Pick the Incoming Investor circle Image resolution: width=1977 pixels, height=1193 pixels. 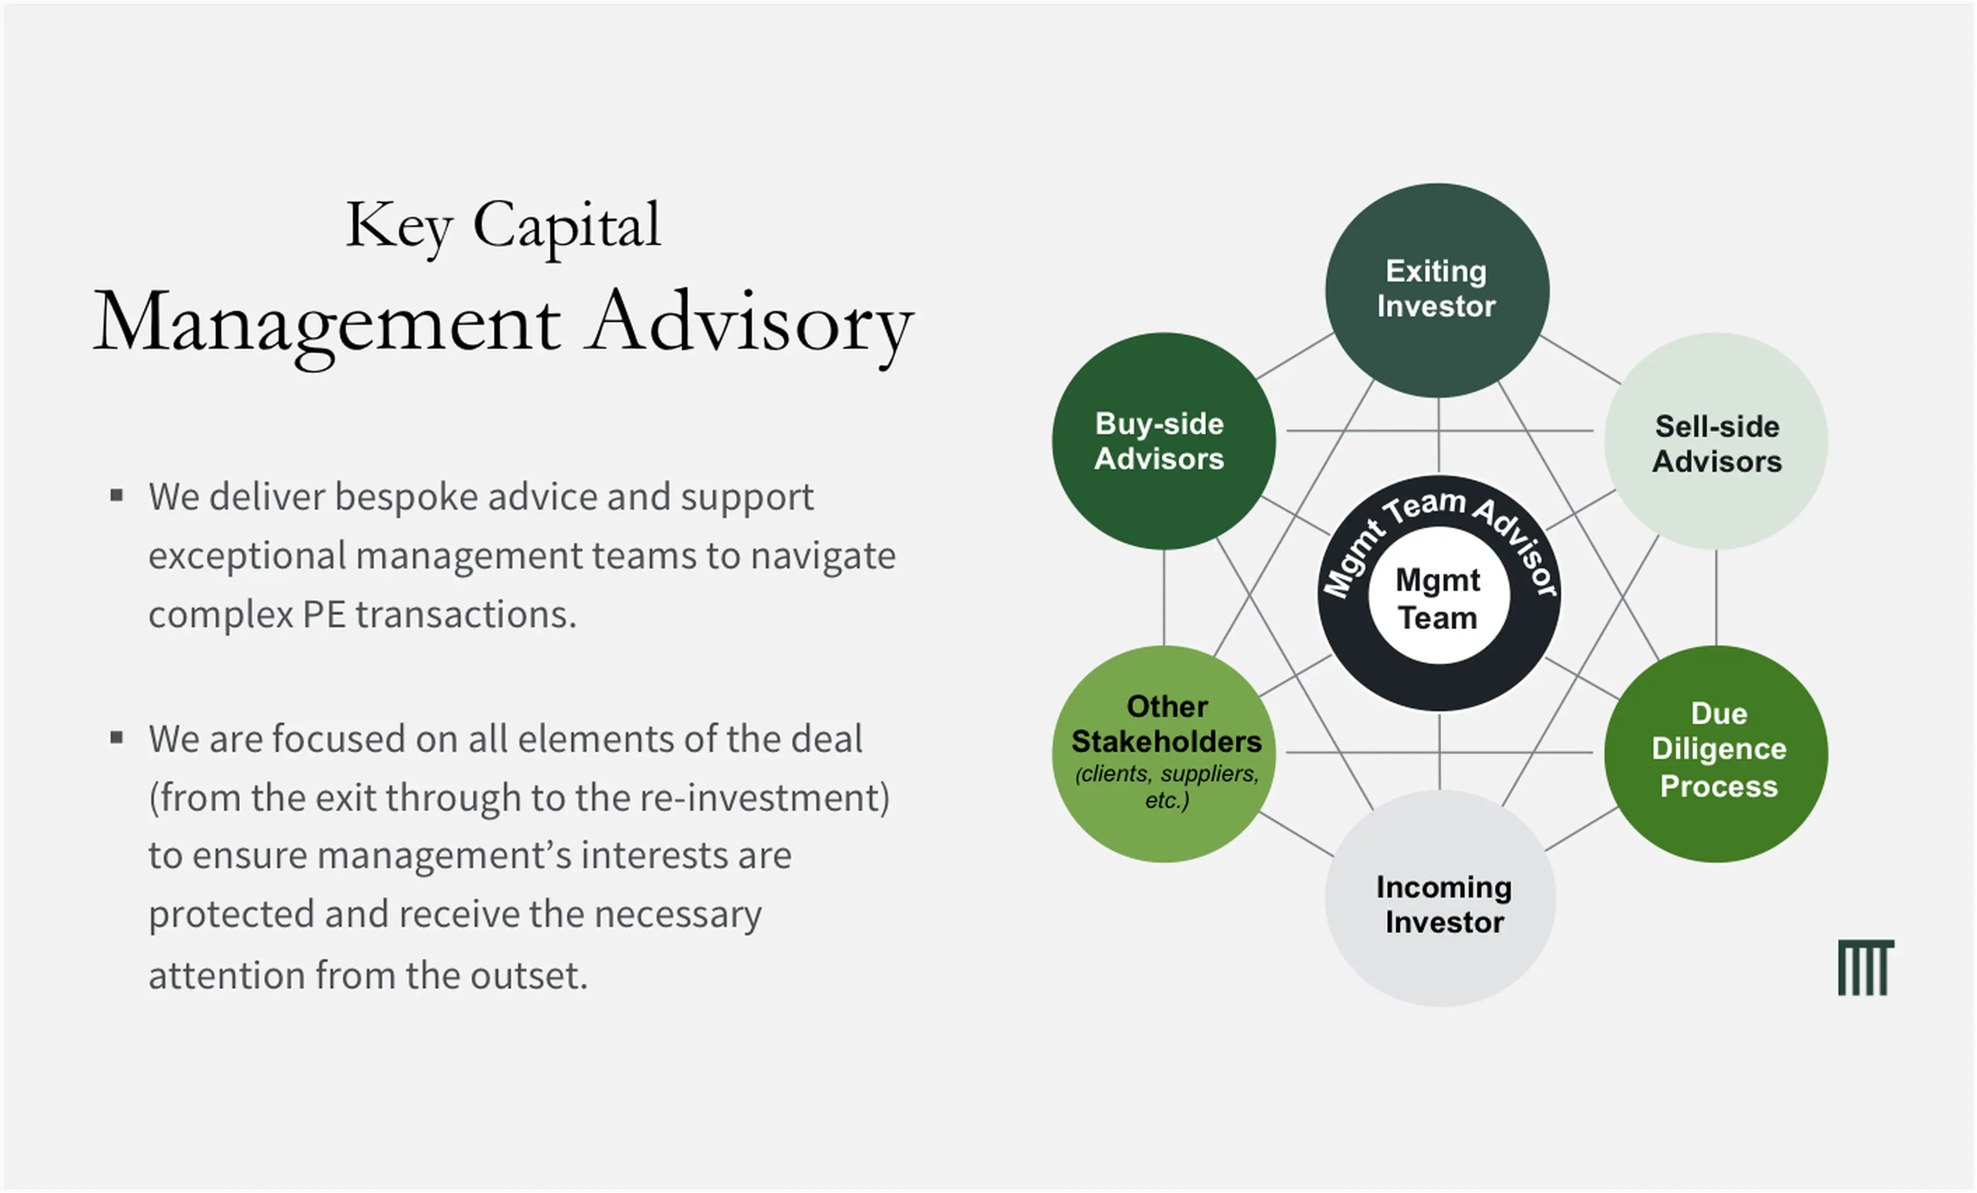[x=1440, y=898]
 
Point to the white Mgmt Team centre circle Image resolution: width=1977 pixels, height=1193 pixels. [x=1438, y=595]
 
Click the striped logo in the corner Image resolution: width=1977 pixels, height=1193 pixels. [x=1865, y=967]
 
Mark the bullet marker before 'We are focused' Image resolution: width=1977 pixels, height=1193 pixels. [x=116, y=736]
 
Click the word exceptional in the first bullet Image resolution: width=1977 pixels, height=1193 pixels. [x=246, y=556]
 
